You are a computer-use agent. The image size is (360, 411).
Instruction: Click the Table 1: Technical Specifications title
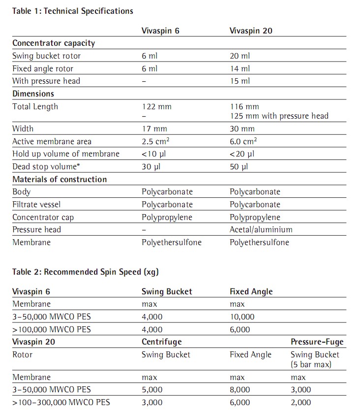coord(73,11)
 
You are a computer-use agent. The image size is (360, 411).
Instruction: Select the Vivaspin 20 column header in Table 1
coord(251,31)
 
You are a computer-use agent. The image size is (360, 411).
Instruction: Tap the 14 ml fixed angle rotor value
coord(240,68)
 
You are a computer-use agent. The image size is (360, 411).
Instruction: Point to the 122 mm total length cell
coord(156,106)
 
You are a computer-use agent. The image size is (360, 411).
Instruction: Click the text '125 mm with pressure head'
coord(279,116)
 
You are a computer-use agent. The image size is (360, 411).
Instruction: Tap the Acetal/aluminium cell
coord(261,229)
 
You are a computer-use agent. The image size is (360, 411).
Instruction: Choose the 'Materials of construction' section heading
coord(60,179)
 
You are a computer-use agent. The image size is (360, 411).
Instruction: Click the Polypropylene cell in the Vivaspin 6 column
coord(167,217)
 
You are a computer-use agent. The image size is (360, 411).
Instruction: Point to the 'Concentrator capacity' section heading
coord(54,43)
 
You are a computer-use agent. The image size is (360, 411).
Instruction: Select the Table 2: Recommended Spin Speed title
coord(86,272)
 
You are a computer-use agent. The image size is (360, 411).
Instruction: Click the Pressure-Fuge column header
coord(317,342)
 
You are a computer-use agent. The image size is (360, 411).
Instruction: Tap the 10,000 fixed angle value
coord(242,317)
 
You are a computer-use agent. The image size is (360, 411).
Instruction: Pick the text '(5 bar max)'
coord(311,364)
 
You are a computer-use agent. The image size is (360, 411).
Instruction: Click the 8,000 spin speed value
coord(240,390)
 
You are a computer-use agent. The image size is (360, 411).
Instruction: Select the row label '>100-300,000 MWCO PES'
coord(61,402)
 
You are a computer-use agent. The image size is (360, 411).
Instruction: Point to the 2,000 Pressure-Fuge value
coord(301,402)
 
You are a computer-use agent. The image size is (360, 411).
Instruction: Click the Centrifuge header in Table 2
coord(162,342)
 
